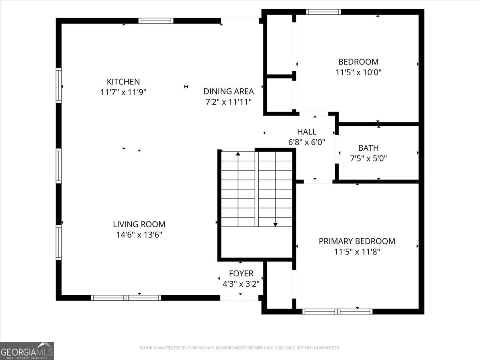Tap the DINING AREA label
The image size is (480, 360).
(x=228, y=91)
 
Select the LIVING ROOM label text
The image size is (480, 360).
(x=139, y=224)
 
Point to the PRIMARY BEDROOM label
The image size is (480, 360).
(x=357, y=241)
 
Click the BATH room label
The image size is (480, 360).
(x=368, y=148)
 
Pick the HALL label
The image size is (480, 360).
(x=306, y=132)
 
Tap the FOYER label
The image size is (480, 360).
(x=241, y=274)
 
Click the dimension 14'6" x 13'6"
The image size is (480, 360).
(x=139, y=235)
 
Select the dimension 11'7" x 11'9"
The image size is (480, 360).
(x=124, y=92)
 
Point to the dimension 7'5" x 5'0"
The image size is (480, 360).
(x=368, y=158)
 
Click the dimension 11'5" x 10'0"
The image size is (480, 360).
(x=358, y=72)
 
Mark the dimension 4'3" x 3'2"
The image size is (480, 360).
(x=241, y=284)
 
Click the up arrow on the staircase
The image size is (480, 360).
(x=238, y=154)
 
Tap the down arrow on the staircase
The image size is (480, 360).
(x=275, y=224)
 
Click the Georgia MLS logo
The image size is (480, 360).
(x=27, y=351)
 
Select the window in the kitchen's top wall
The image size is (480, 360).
(x=156, y=21)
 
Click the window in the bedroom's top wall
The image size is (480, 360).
(x=324, y=12)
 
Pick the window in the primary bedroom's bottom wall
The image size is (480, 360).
(x=337, y=311)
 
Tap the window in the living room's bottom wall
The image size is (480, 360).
(x=126, y=298)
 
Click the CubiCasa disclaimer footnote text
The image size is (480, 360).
(x=240, y=348)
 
